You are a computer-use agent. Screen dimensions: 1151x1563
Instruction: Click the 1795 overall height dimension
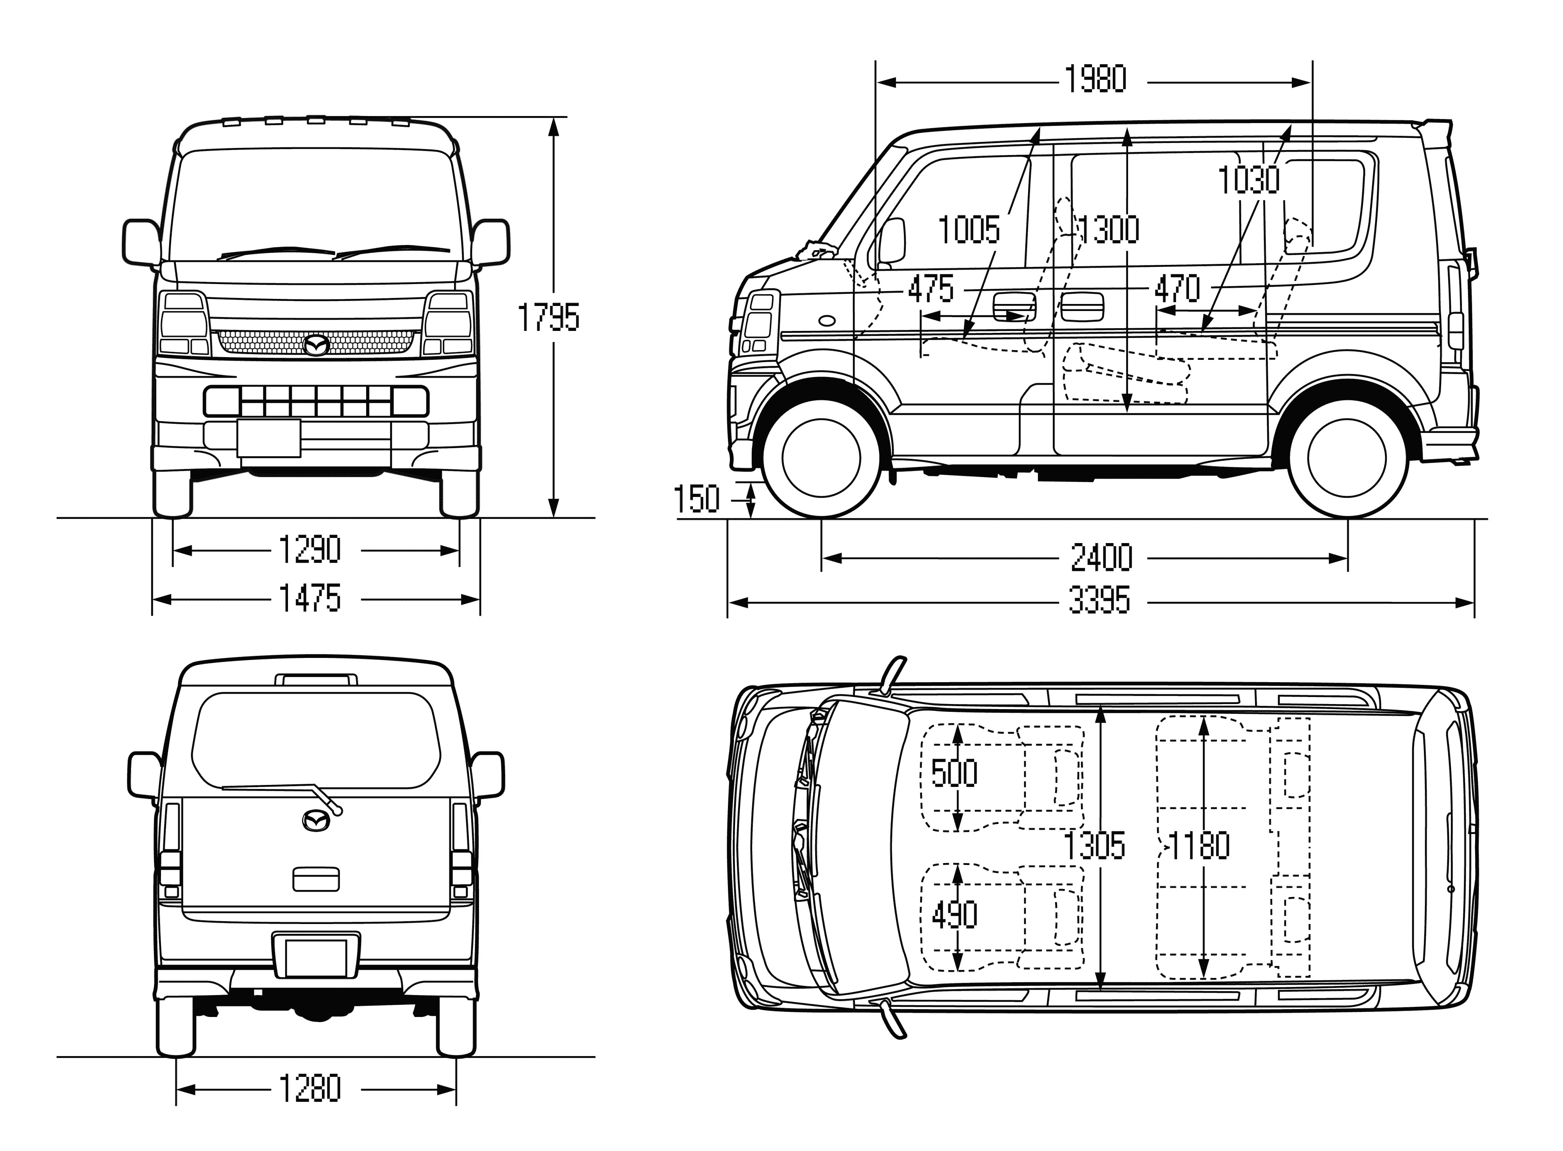548,318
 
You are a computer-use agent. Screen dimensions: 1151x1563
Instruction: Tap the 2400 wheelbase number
1101,558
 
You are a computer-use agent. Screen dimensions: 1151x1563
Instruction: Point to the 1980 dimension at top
1095,80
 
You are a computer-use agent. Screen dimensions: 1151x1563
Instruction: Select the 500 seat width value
954,773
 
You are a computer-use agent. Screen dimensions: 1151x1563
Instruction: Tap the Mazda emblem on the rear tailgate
317,821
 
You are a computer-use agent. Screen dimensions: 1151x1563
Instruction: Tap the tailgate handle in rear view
316,879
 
